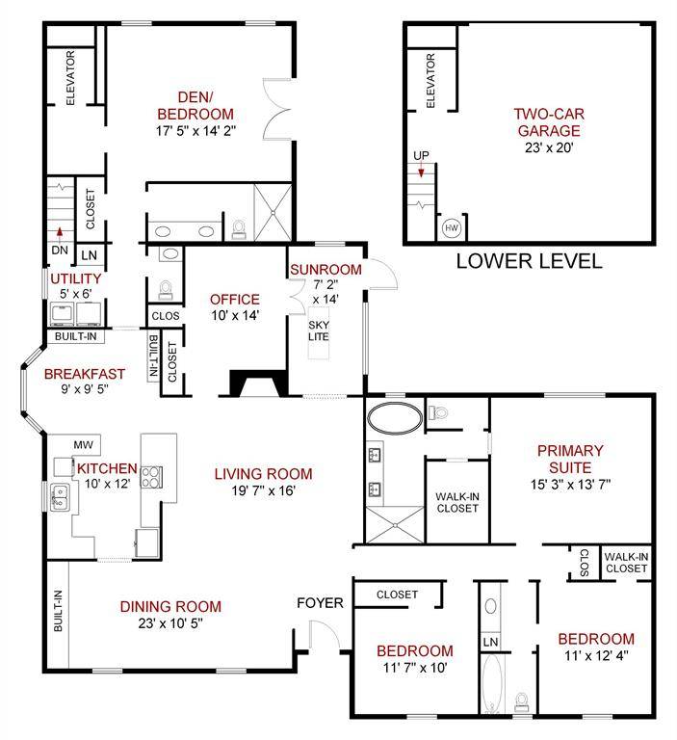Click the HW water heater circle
[452, 228]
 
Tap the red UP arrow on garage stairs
[421, 170]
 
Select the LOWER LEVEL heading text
[529, 261]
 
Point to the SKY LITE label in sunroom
[319, 330]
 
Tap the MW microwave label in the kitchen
[84, 444]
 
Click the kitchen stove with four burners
[152, 477]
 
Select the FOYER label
[320, 602]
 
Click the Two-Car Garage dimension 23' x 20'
[549, 147]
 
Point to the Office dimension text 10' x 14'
[235, 315]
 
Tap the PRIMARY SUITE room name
[570, 460]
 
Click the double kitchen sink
[60, 497]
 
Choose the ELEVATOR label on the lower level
[430, 81]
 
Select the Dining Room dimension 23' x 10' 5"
[170, 623]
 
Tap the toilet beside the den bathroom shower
[239, 229]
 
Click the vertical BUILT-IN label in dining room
[58, 611]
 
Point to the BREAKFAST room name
[85, 374]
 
